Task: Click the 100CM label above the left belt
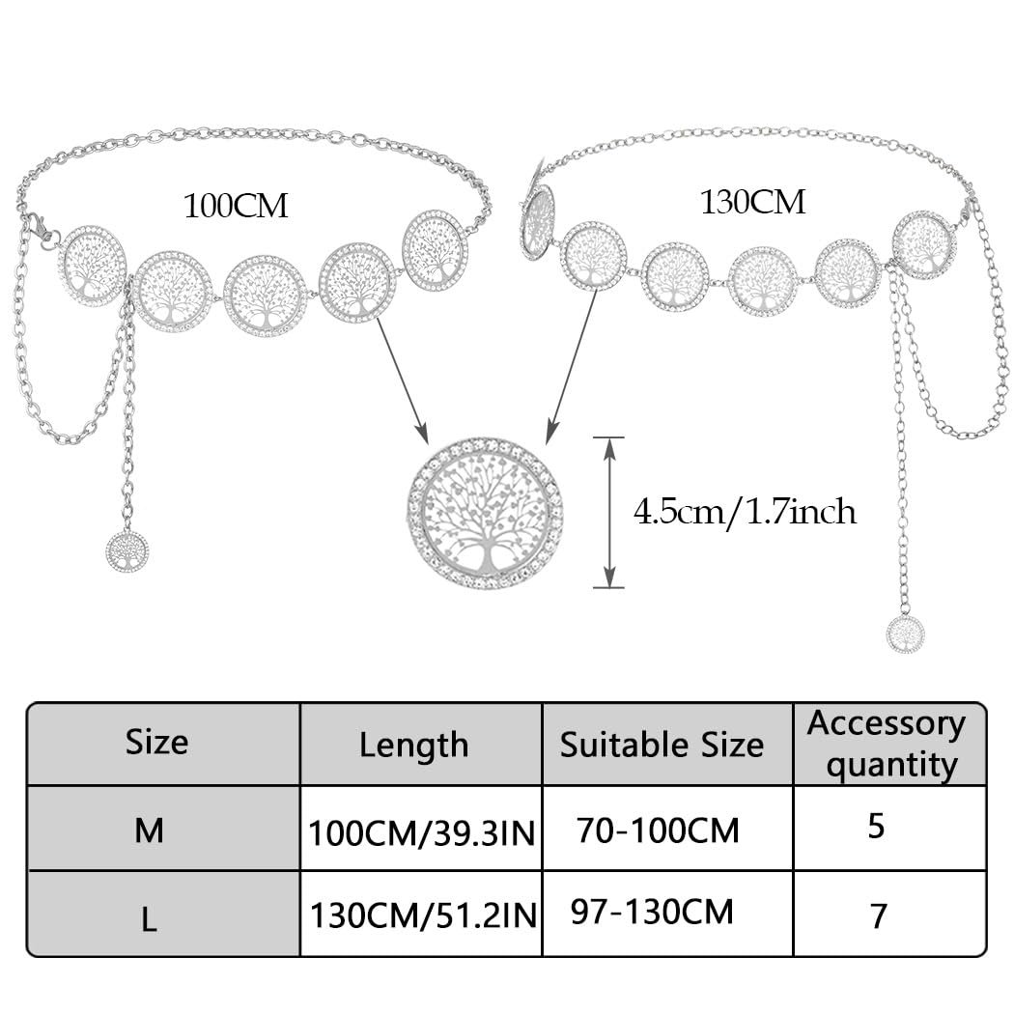(x=236, y=206)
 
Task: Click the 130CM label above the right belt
(x=752, y=202)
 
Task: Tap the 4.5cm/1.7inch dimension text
(x=745, y=511)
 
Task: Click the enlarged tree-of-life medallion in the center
(x=485, y=513)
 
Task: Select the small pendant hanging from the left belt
(x=127, y=550)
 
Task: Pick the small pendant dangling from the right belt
(x=905, y=634)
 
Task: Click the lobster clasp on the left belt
(x=40, y=228)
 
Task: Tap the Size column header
(x=156, y=742)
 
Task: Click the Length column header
(x=413, y=745)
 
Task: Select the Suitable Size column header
(x=662, y=745)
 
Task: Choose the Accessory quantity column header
(x=887, y=744)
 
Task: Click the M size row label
(x=149, y=831)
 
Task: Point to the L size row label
(x=149, y=918)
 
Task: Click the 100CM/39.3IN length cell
(x=421, y=832)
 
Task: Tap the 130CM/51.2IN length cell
(x=421, y=915)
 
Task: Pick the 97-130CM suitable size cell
(x=652, y=912)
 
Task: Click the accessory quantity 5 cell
(x=876, y=828)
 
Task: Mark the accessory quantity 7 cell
(x=878, y=915)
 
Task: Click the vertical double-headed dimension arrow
(x=607, y=512)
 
